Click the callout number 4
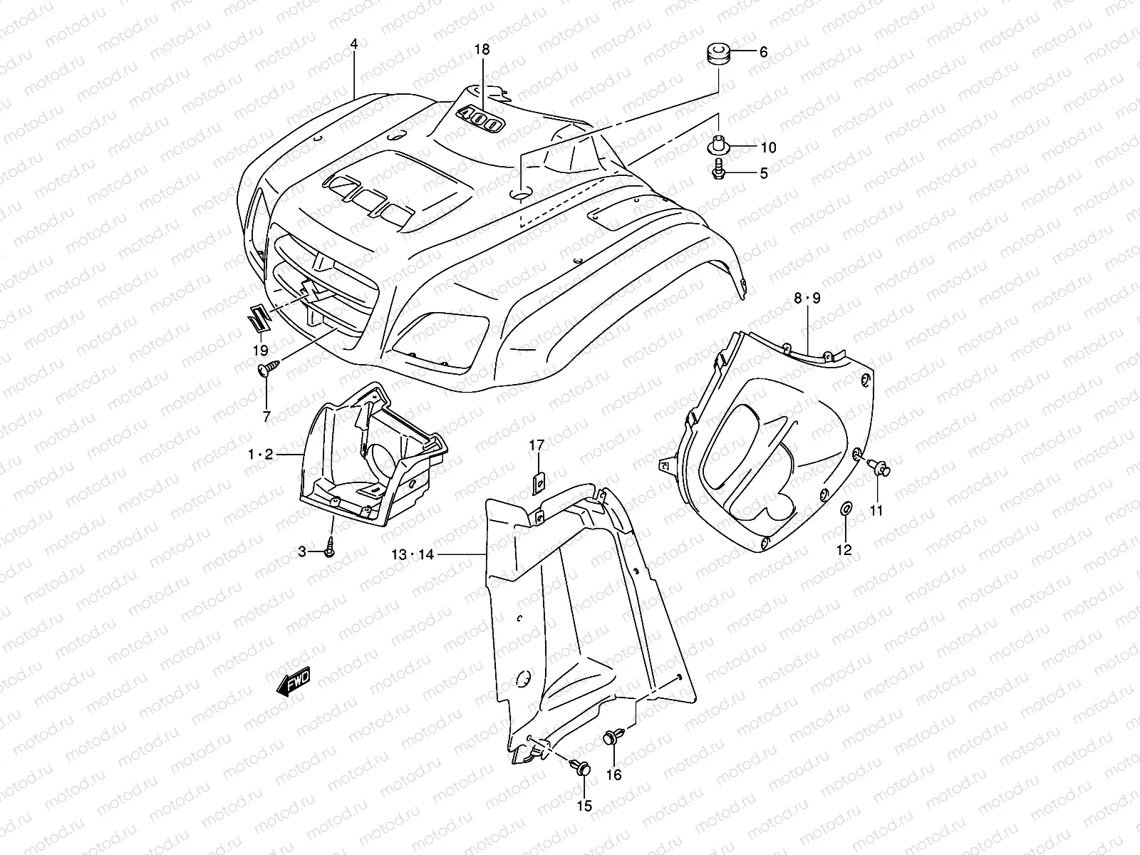353,44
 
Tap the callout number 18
482,49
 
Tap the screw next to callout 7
269,368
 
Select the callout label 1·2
260,454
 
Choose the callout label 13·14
411,554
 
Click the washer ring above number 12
846,509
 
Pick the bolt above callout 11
881,467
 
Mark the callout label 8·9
807,299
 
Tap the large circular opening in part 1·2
381,467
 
